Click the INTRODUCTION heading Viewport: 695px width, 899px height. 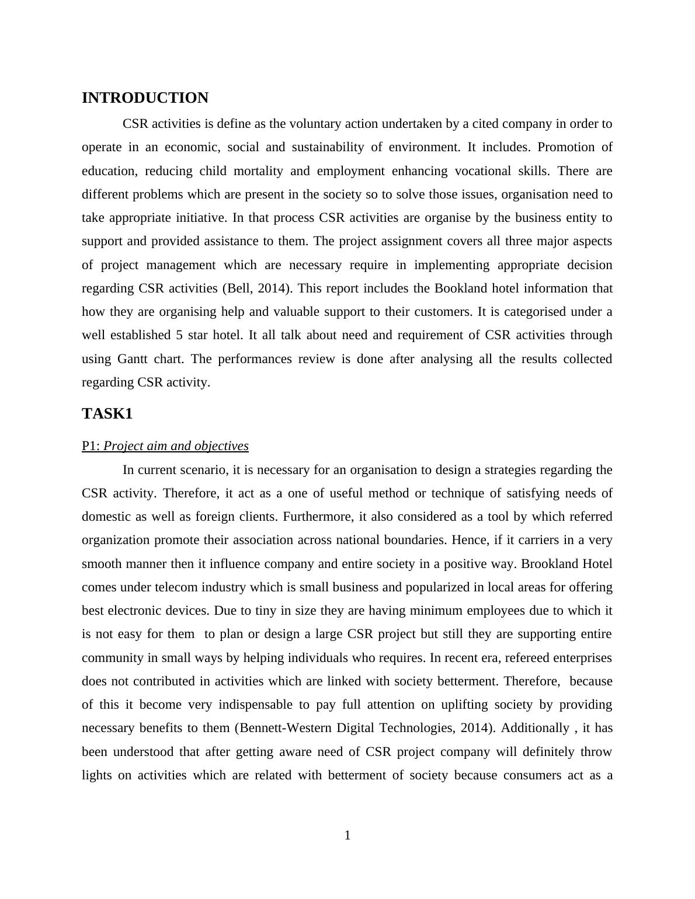(145, 98)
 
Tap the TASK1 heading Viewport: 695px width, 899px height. (107, 414)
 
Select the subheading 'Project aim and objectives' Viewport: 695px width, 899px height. (176, 446)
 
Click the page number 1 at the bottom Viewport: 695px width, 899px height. (347, 835)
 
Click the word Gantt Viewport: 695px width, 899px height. (133, 358)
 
